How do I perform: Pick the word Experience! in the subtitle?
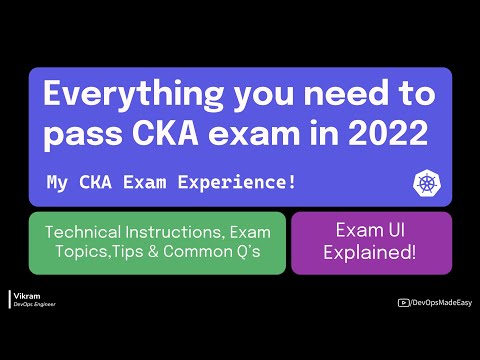[217, 183]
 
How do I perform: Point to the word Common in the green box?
[205, 254]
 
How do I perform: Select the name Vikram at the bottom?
[24, 296]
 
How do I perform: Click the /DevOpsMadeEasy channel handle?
[440, 301]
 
